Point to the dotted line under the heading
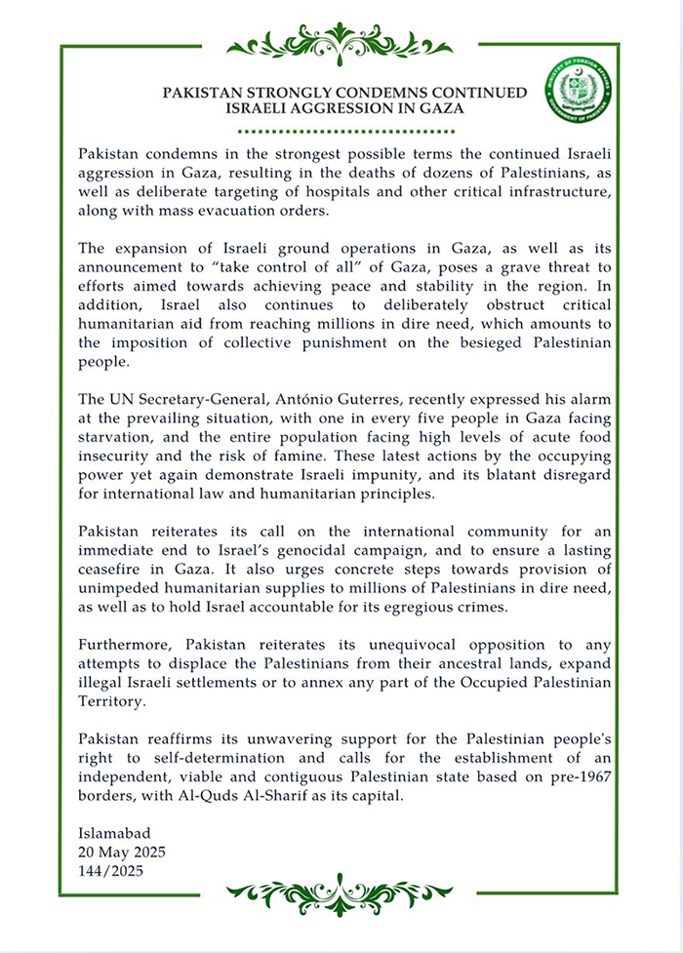coord(341,131)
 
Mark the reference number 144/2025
coord(109,871)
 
